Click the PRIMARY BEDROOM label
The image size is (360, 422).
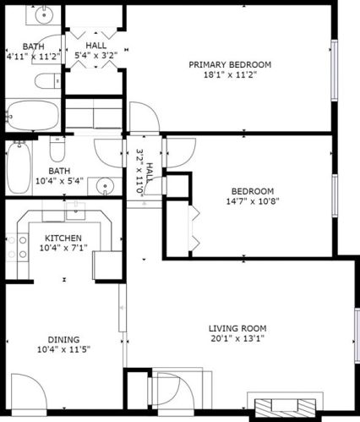tap(229, 64)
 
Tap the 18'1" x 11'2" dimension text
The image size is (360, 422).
tap(229, 75)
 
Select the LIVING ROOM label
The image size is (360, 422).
tap(237, 328)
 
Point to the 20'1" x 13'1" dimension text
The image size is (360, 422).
tap(237, 339)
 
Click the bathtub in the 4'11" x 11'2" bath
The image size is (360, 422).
tap(31, 112)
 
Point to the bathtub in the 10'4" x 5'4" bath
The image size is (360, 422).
tap(18, 167)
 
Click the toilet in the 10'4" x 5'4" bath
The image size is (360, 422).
tap(57, 150)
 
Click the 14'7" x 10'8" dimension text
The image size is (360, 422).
tap(252, 201)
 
